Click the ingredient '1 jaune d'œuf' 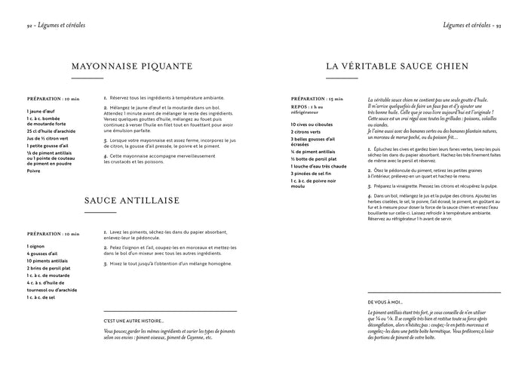click(x=40, y=112)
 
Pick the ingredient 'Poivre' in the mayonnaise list click(x=33, y=171)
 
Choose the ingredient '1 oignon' click(x=36, y=246)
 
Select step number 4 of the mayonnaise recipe click(x=106, y=155)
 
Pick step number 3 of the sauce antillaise click(x=106, y=264)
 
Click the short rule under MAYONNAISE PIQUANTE click(x=87, y=78)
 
